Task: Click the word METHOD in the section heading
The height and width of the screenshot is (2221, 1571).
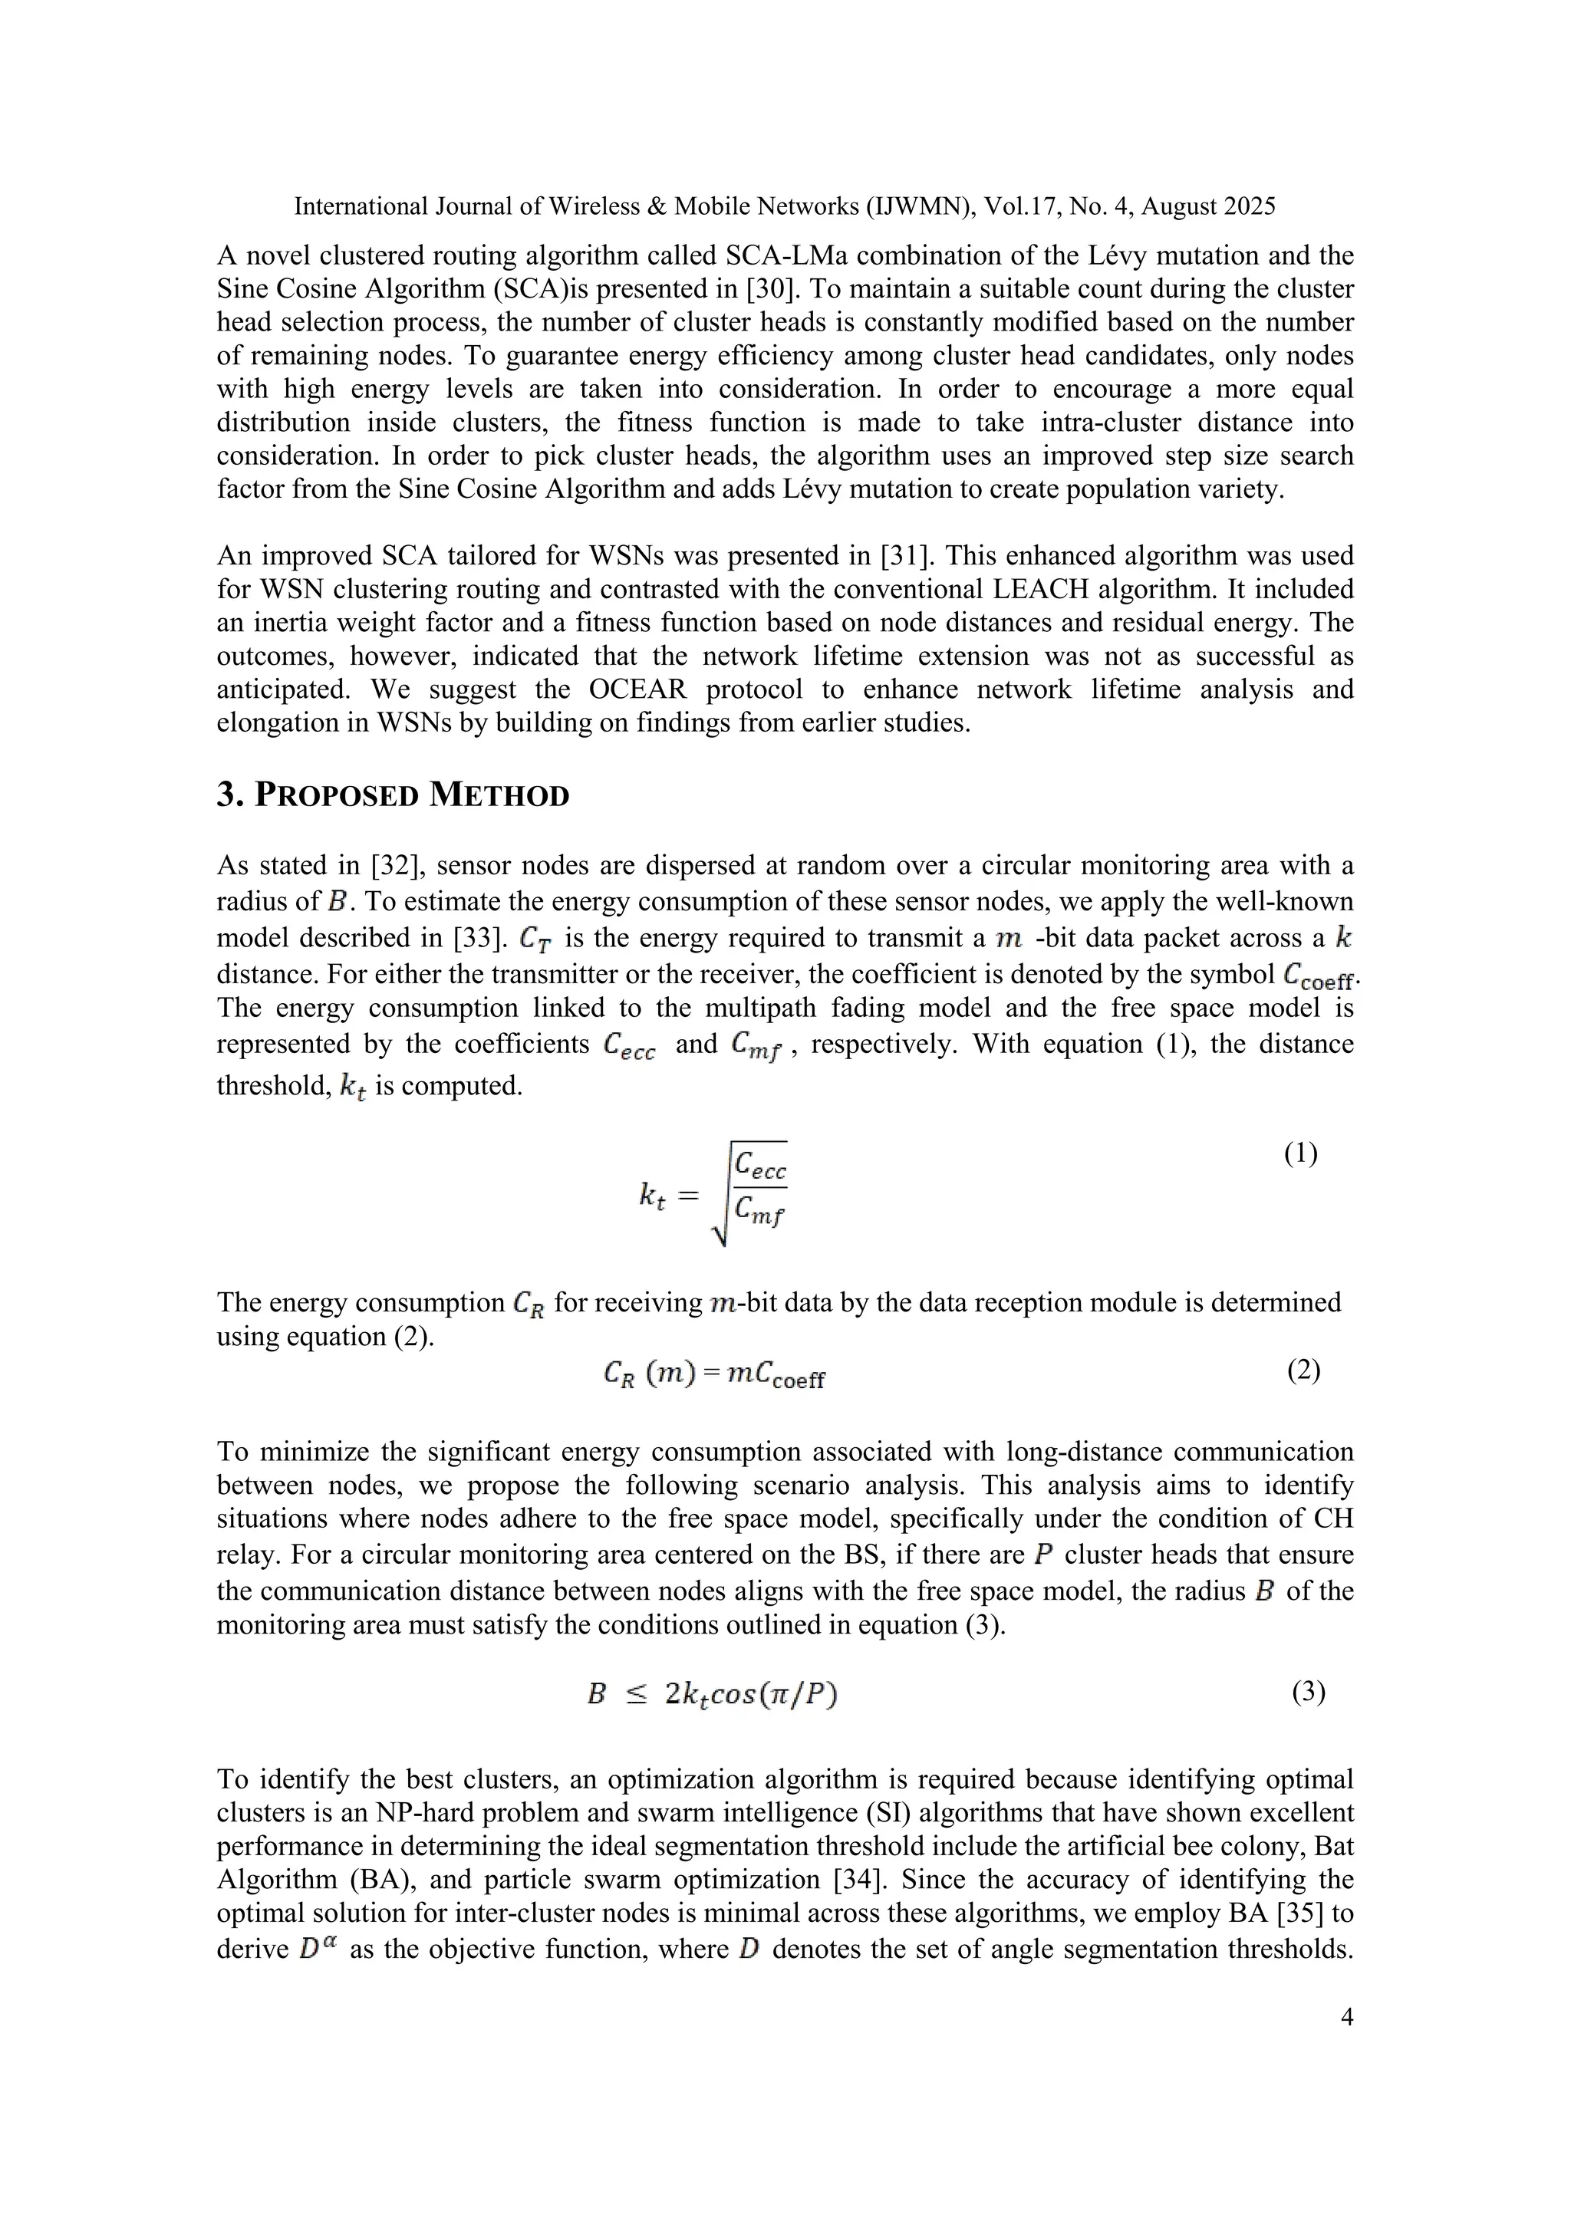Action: pyautogui.click(x=499, y=795)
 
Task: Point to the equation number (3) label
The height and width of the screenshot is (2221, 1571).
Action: pyautogui.click(x=1308, y=1692)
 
